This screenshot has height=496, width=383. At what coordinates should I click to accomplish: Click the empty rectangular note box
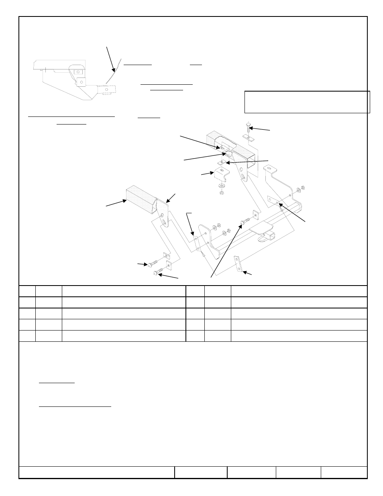tap(307, 102)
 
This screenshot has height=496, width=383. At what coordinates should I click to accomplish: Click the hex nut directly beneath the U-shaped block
tap(221, 192)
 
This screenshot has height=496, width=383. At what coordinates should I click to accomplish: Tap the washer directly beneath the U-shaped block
tap(221, 186)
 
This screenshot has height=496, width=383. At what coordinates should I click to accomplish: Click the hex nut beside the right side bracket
tap(303, 187)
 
